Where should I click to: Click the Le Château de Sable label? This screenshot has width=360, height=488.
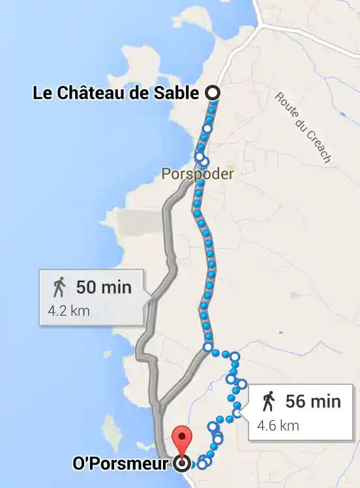[x=116, y=93]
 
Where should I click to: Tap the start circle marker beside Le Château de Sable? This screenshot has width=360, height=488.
[x=212, y=93]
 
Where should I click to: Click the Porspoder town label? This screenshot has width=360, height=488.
[x=198, y=174]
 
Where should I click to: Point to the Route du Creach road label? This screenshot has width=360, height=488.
[x=303, y=127]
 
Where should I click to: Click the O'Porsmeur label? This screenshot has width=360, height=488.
[x=123, y=464]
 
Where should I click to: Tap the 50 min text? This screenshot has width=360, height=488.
[x=104, y=287]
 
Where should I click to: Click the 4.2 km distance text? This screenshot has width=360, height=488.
[x=69, y=311]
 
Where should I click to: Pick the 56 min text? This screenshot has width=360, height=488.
[x=313, y=401]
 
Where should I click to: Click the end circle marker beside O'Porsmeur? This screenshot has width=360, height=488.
[x=183, y=464]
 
